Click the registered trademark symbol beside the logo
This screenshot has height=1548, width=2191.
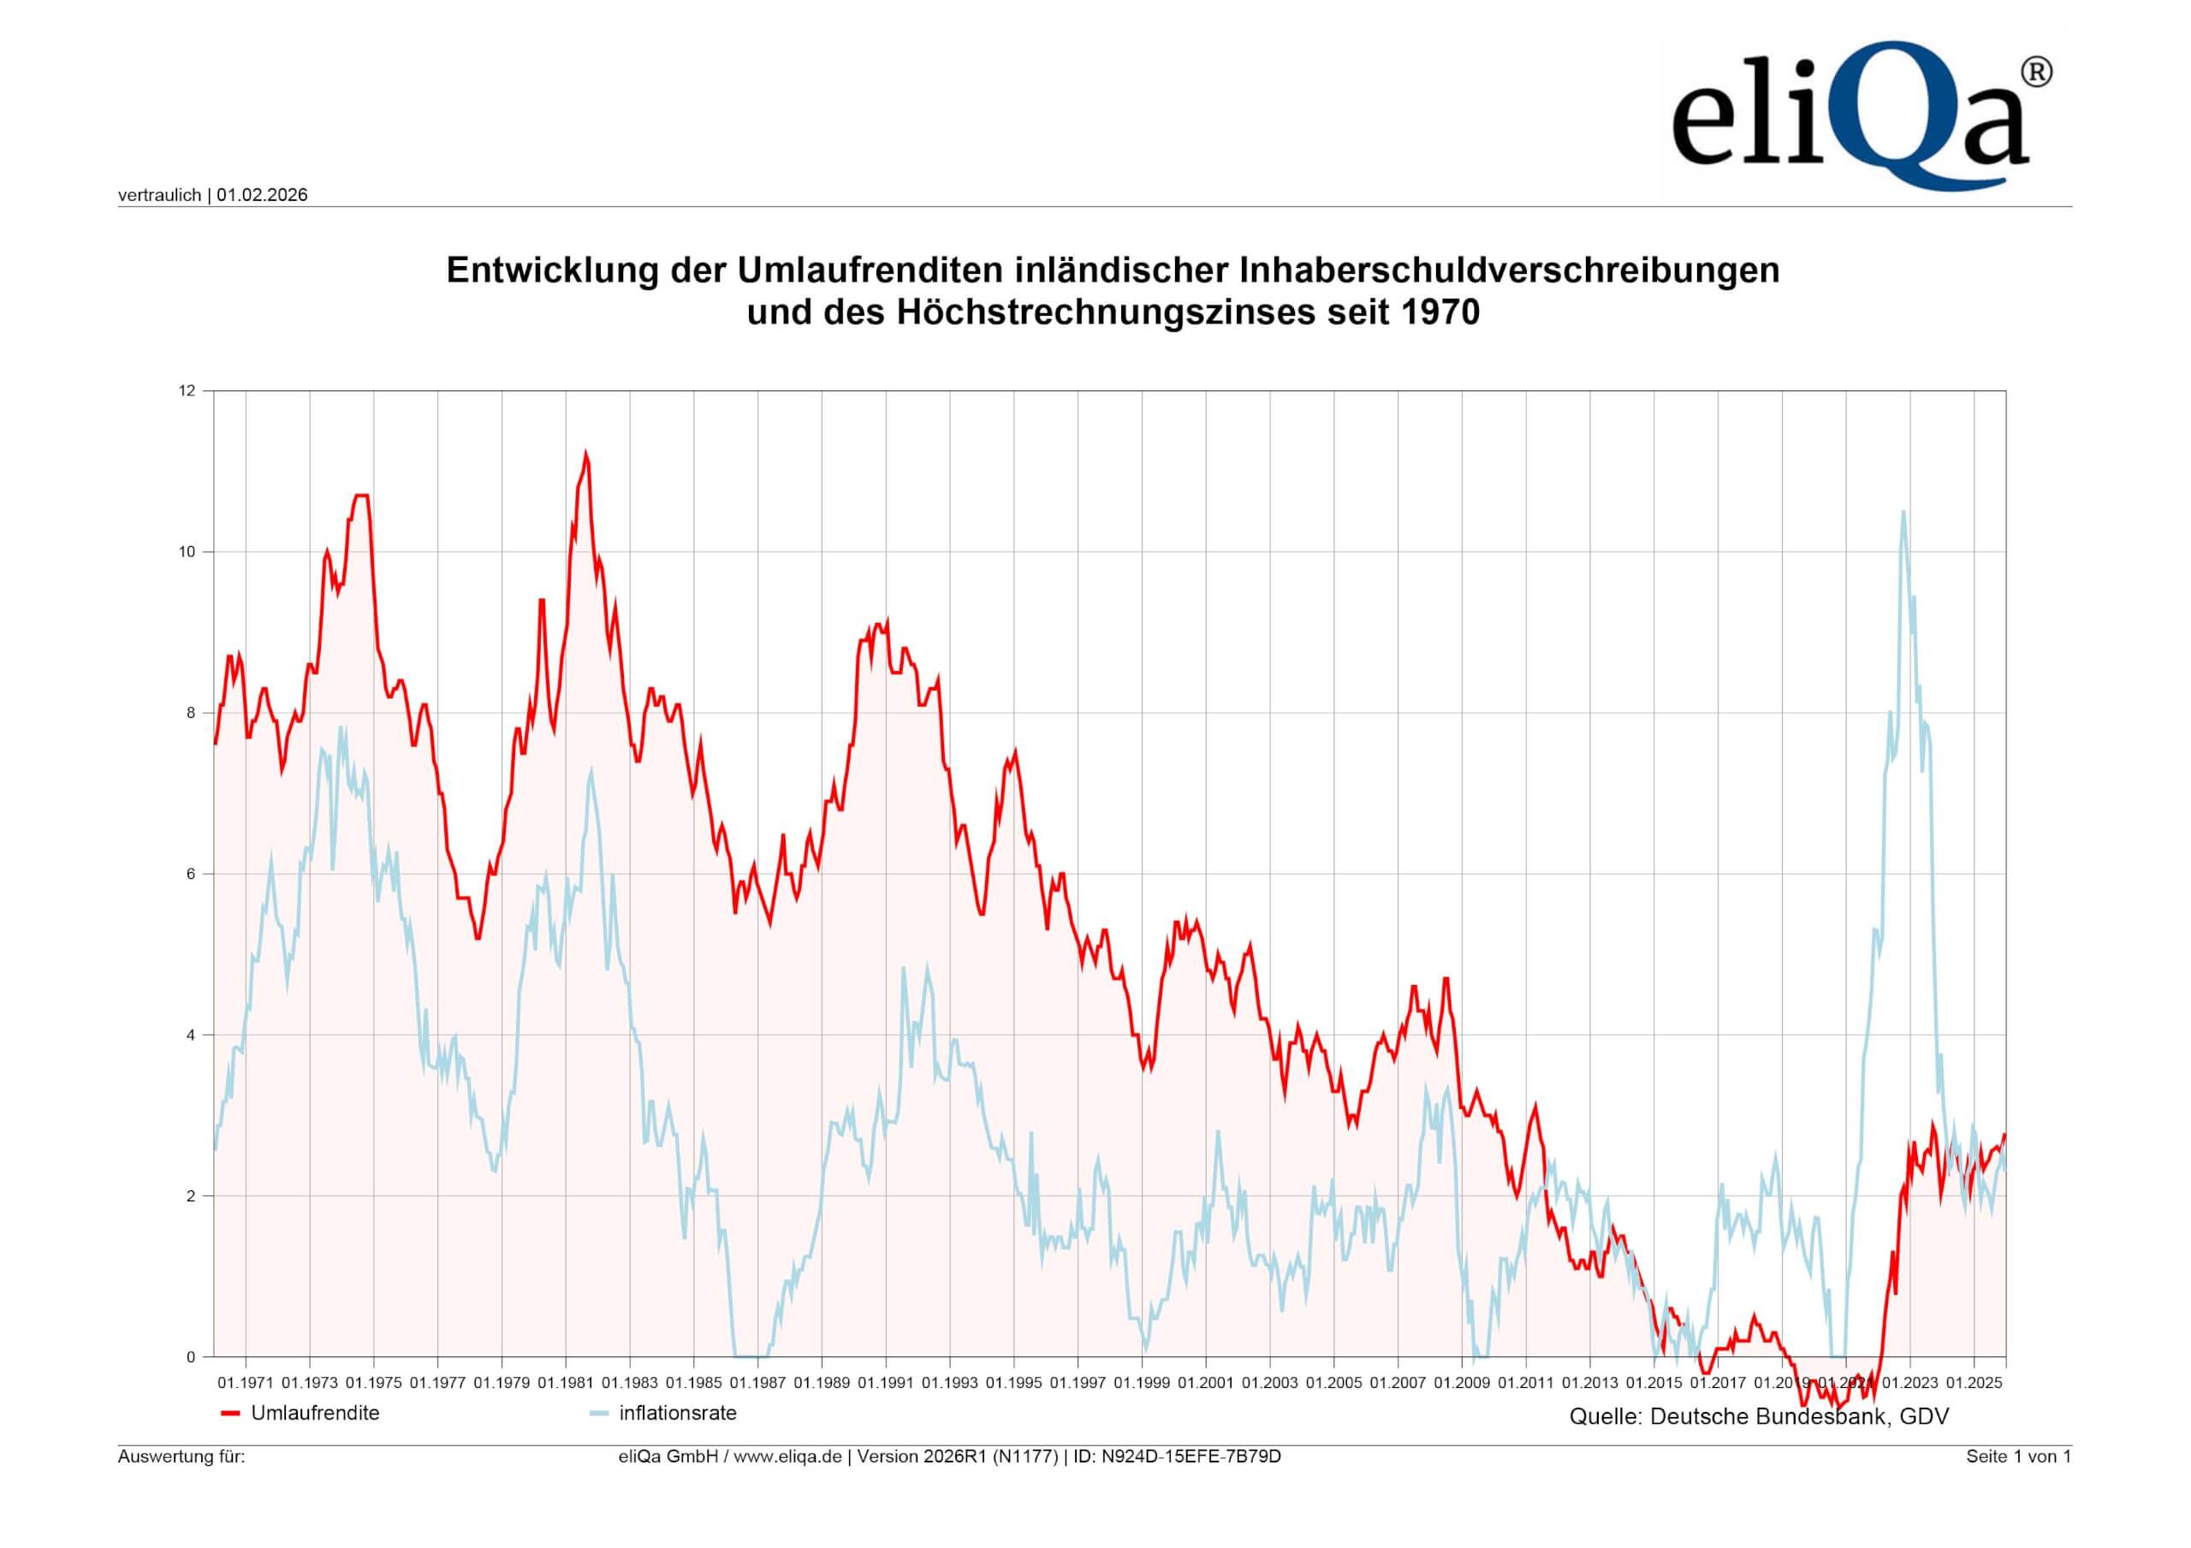(2036, 73)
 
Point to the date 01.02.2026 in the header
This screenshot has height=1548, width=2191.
(263, 196)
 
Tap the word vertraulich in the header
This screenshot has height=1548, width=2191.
(159, 196)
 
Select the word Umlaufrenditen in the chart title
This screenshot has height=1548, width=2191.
(869, 271)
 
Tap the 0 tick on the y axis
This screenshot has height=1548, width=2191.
(190, 1357)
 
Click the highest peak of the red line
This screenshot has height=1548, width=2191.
(586, 454)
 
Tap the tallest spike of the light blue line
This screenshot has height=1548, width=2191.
(1903, 513)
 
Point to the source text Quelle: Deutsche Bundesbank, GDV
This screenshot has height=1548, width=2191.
(1759, 1417)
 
